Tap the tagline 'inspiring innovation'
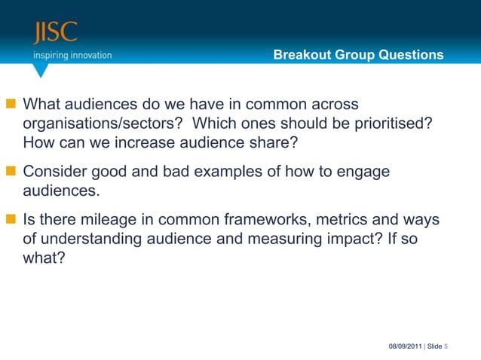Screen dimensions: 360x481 [x=72, y=55]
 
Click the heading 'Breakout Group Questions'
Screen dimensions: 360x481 [x=358, y=55]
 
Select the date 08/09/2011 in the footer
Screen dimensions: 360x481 [x=406, y=346]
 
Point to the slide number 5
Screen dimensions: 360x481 [x=446, y=346]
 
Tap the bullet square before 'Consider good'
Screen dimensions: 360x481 [x=12, y=172]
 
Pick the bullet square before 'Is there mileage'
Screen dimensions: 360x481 [x=12, y=221]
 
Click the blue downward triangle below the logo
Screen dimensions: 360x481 [x=41, y=70]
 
